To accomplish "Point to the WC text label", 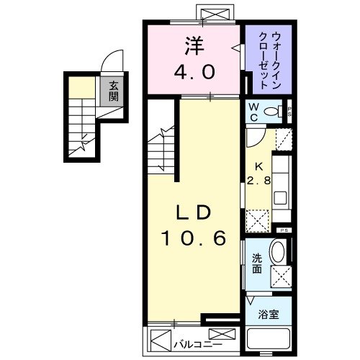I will [253, 112].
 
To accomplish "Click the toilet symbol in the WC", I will [274, 112].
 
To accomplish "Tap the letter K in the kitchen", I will [257, 165].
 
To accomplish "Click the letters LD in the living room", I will [194, 213].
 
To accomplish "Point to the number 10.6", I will [194, 238].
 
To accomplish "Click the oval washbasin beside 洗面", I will [277, 253].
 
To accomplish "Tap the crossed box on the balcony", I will [225, 336].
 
